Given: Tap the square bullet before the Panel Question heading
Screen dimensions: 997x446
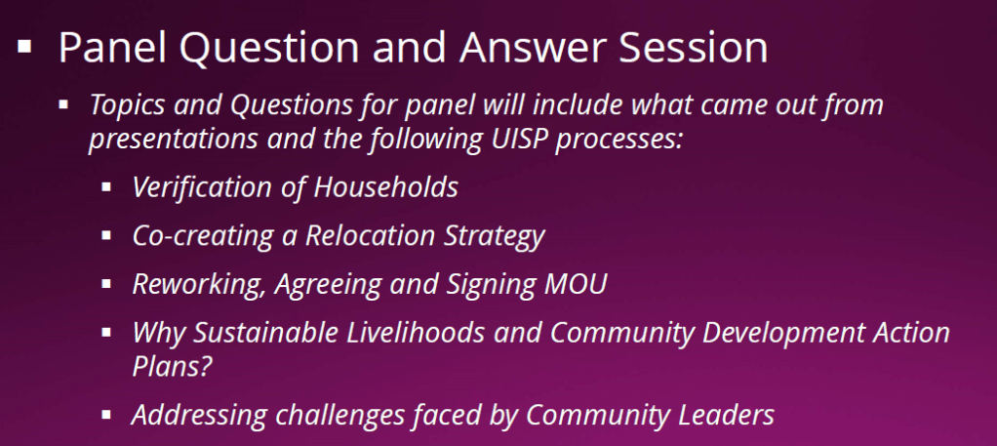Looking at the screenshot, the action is pyautogui.click(x=24, y=47).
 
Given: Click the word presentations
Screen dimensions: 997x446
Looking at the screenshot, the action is pyautogui.click(x=174, y=140).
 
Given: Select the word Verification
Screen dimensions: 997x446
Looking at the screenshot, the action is pyautogui.click(x=206, y=187).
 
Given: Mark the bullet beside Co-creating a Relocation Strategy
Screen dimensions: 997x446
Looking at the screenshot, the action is pyautogui.click(x=106, y=235).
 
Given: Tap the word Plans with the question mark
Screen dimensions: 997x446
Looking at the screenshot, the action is pyautogui.click(x=172, y=366).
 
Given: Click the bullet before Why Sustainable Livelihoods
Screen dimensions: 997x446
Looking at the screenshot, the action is pyautogui.click(x=106, y=332).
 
